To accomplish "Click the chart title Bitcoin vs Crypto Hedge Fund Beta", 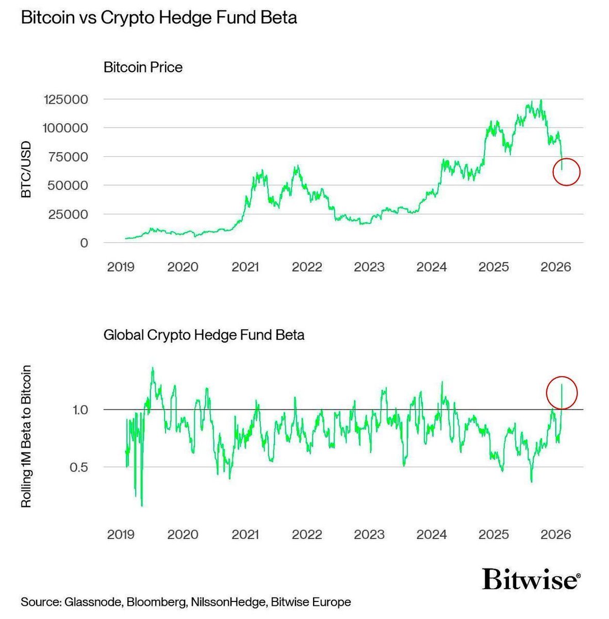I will tap(158, 18).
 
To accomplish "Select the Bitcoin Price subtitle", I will tap(143, 68).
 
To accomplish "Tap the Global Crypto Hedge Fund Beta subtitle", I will tap(204, 335).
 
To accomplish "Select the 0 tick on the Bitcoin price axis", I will tap(84, 243).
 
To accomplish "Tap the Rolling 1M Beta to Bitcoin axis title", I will tap(26, 436).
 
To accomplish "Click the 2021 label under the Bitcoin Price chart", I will tap(245, 267).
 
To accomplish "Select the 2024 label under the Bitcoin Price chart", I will tap(431, 267).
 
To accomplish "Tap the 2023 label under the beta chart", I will tap(369, 534).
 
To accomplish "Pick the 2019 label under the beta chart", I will tap(121, 534).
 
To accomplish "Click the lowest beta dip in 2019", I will tap(142, 506).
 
